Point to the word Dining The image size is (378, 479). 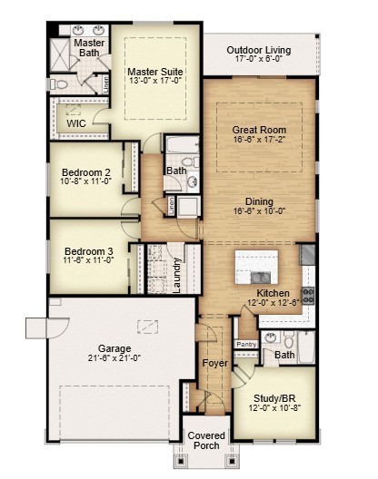(x=259, y=201)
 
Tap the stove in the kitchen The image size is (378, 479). (x=307, y=294)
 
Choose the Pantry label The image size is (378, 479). (x=246, y=345)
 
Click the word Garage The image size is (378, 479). (x=115, y=347)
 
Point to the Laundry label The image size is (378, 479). (x=178, y=276)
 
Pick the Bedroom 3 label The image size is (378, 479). (x=88, y=252)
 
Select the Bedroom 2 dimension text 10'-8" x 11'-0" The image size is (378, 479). (x=86, y=181)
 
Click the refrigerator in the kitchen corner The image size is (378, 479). (x=307, y=255)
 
